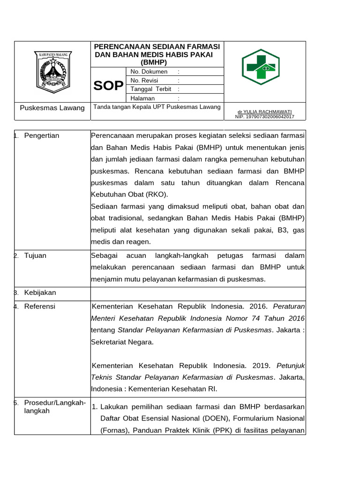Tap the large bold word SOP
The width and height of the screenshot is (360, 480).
point(108,85)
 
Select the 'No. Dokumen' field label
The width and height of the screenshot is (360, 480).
point(149,72)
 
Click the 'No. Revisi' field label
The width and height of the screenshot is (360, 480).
point(145,81)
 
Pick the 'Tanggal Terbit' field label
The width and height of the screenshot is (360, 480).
point(150,89)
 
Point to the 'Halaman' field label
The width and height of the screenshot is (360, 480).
point(143,98)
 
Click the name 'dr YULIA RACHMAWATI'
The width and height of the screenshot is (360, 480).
point(264,112)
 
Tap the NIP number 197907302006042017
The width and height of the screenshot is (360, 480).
point(264,116)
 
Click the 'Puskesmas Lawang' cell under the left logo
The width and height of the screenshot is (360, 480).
point(52,108)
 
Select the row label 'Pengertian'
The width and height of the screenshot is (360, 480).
point(42,136)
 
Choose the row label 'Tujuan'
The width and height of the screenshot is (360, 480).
point(35,256)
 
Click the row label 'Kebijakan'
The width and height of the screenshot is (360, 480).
point(40,292)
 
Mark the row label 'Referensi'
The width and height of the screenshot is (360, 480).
point(39,307)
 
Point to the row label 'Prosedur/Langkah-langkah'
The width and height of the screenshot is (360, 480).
point(54,407)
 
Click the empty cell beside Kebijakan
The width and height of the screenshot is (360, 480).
point(198,293)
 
